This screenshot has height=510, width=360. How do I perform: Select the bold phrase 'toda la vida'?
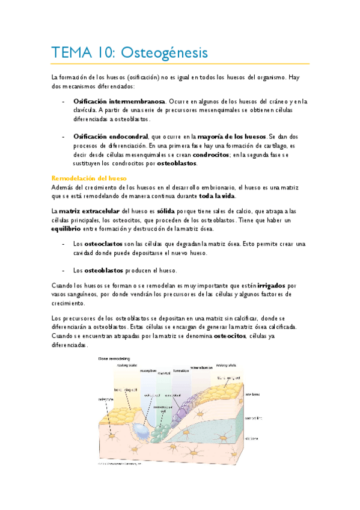pyautogui.click(x=218, y=196)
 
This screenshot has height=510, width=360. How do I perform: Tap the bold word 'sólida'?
pyautogui.click(x=165, y=211)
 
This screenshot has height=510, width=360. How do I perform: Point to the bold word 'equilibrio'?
pyautogui.click(x=70, y=229)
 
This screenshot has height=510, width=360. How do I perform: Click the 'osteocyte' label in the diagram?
pyautogui.click(x=99, y=399)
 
